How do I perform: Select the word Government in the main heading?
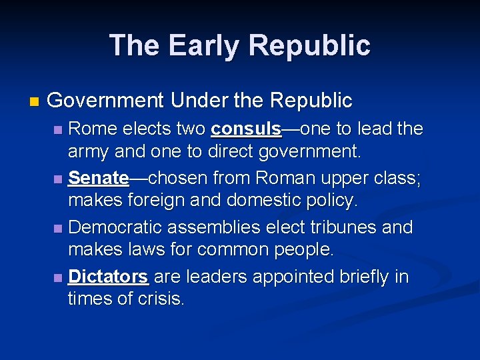(x=105, y=101)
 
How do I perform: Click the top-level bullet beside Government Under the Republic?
(x=35, y=102)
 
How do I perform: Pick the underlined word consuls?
(x=246, y=128)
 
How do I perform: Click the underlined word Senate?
(x=98, y=178)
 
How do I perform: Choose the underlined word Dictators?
(x=108, y=276)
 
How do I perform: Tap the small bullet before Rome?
(x=60, y=129)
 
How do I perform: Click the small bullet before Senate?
(x=60, y=179)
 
